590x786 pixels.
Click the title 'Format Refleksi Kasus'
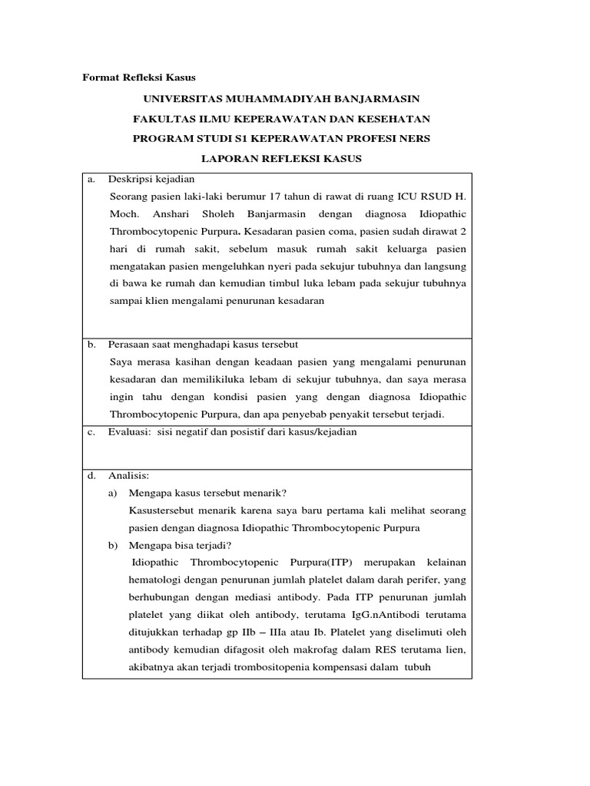[x=139, y=78]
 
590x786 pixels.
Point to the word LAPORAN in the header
[x=232, y=159]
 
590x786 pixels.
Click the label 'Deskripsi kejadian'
[x=151, y=179]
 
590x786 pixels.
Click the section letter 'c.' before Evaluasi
[x=91, y=432]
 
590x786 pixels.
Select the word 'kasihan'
[x=179, y=362]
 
